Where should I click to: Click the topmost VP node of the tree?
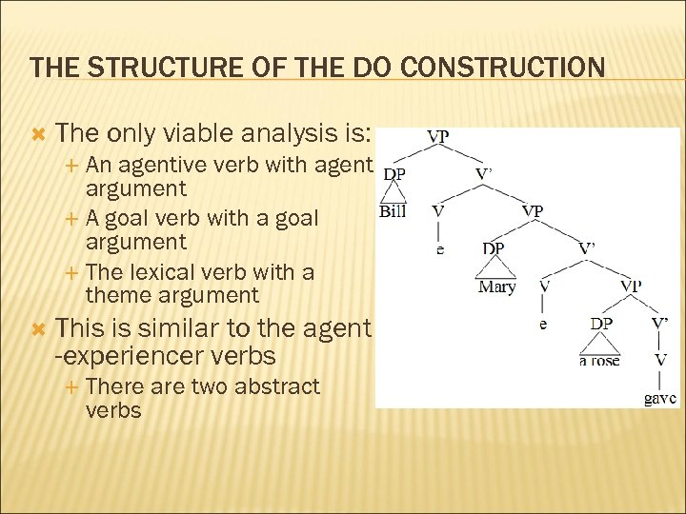[x=438, y=136]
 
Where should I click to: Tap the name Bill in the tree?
[x=393, y=210]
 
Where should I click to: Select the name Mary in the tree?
[x=496, y=287]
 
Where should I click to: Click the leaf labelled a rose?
[x=599, y=360]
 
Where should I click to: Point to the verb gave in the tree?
[x=660, y=398]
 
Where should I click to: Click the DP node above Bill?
[x=393, y=174]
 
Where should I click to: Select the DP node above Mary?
[x=494, y=247]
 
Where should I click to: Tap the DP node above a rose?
[x=600, y=324]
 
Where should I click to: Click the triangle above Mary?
[x=495, y=268]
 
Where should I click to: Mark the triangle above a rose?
[x=600, y=343]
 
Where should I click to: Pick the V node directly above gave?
[x=659, y=360]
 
